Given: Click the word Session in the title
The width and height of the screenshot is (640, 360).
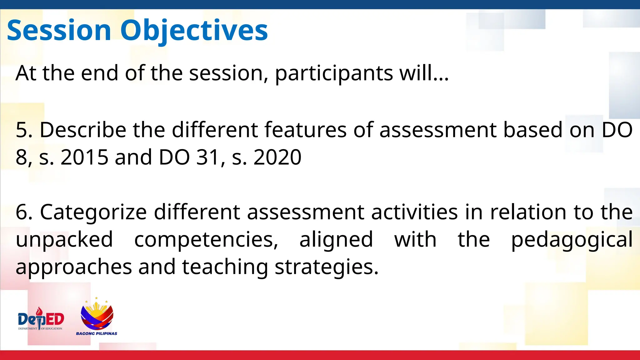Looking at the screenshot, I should [x=59, y=30].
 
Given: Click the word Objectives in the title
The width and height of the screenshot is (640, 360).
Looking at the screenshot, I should [x=194, y=30].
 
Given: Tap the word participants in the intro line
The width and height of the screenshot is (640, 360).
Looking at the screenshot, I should [x=334, y=73].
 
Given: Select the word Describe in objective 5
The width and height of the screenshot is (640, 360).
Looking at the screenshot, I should [x=83, y=130].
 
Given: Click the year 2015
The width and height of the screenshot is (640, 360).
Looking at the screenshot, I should [x=84, y=157].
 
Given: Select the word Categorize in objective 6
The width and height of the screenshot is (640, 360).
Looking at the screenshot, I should [x=93, y=212].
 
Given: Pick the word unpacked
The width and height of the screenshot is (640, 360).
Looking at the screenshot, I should [x=64, y=240].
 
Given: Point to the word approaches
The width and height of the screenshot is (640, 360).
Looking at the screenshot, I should [x=74, y=267].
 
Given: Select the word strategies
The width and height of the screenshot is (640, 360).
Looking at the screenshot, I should [x=327, y=267].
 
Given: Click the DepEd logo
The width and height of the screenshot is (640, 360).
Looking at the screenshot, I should [x=41, y=319].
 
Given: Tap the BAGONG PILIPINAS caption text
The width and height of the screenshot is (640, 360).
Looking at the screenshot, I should [x=97, y=333].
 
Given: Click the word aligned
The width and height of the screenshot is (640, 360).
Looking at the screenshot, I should [x=336, y=240].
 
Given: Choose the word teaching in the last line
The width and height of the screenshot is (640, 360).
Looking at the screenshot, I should [x=225, y=267].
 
